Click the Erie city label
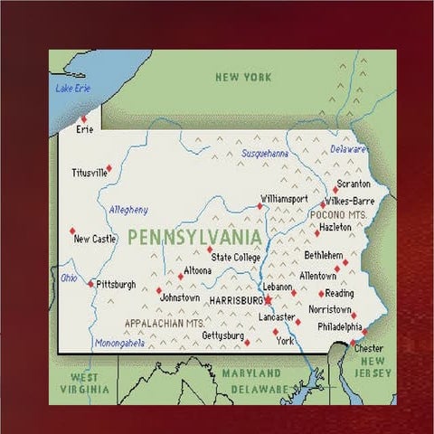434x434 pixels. pos(85,129)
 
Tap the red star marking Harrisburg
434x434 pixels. pos(269,298)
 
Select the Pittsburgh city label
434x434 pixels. pos(116,284)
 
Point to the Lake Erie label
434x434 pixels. pos(73,88)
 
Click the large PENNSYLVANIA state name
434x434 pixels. pos(194,238)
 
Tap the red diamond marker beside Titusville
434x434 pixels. pos(109,167)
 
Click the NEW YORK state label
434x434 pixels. pos(243,78)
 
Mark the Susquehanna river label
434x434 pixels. pos(265,154)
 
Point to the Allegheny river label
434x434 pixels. pos(128,210)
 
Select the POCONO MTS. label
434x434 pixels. pos(338,214)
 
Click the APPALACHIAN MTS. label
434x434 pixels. pos(164,322)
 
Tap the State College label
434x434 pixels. pos(236,258)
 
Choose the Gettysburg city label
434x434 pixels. pos(222,335)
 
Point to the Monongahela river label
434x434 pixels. pos(120,344)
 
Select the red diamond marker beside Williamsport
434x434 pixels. pos(259,205)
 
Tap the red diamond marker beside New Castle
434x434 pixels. pos(72,231)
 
